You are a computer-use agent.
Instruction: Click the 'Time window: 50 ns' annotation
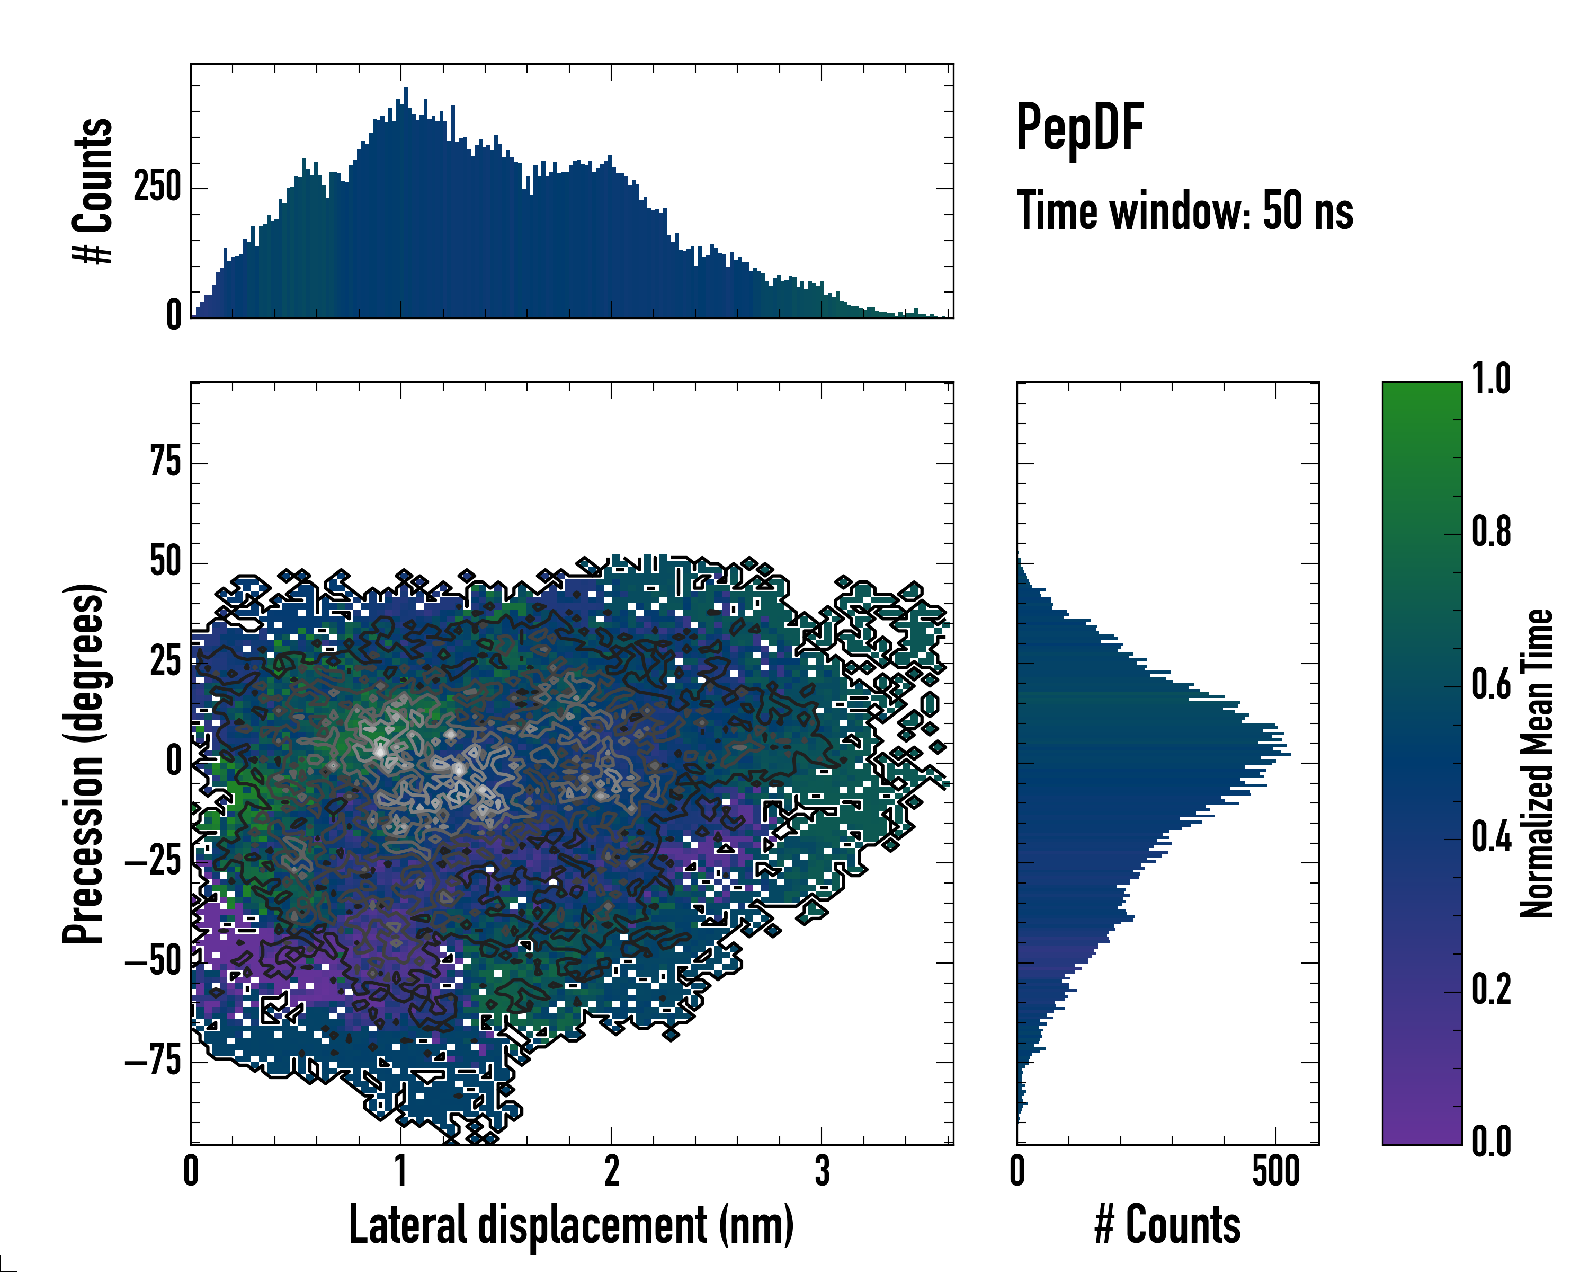pyautogui.click(x=1185, y=211)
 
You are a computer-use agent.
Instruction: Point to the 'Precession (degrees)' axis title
pyautogui.click(x=83, y=763)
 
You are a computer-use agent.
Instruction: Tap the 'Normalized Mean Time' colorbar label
pyautogui.click(x=1536, y=763)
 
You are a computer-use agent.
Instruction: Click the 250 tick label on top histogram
pyautogui.click(x=157, y=188)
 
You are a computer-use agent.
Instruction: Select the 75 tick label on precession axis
pyautogui.click(x=165, y=463)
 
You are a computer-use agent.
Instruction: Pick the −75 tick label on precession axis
pyautogui.click(x=153, y=1062)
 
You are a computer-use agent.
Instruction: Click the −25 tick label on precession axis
pyautogui.click(x=153, y=862)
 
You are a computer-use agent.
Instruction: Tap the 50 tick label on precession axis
pyautogui.click(x=165, y=563)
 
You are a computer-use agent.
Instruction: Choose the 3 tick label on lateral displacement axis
pyautogui.click(x=822, y=1171)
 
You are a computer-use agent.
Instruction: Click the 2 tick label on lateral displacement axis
pyautogui.click(x=612, y=1171)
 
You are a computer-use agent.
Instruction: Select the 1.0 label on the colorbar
pyautogui.click(x=1491, y=380)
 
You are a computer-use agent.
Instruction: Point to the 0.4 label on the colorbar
pyautogui.click(x=1491, y=838)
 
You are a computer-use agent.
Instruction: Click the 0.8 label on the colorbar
pyautogui.click(x=1491, y=533)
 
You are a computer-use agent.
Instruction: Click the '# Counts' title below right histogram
pyautogui.click(x=1167, y=1224)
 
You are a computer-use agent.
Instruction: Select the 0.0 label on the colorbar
pyautogui.click(x=1491, y=1142)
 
